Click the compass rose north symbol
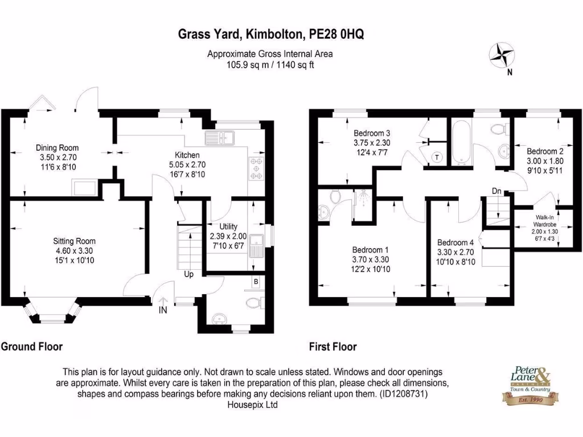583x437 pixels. (x=500, y=56)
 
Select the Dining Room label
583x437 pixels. (x=57, y=148)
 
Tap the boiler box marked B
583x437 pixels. (x=256, y=282)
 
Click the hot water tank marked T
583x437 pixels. (x=437, y=158)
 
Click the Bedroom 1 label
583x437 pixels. (x=371, y=250)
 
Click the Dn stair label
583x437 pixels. (x=496, y=192)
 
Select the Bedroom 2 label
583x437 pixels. (x=545, y=151)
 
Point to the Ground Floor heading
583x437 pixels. (x=32, y=346)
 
